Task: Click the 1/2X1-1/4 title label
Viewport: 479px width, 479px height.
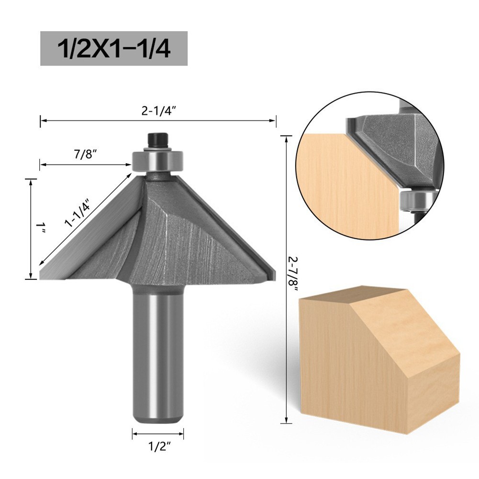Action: (x=113, y=48)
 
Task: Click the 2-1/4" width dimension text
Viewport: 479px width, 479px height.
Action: (x=159, y=111)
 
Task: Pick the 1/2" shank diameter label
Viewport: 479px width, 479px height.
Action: (x=158, y=448)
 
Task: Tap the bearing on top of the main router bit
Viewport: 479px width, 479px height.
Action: (x=158, y=160)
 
